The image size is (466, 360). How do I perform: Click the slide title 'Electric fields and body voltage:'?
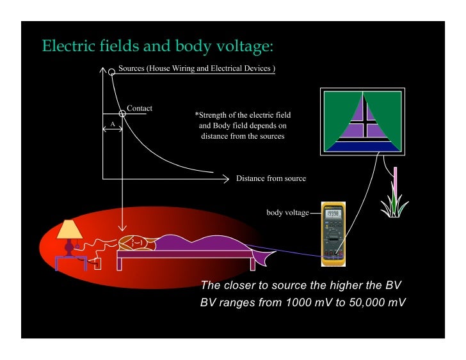(x=157, y=46)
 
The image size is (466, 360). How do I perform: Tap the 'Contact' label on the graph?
(x=140, y=108)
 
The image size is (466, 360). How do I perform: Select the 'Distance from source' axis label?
(x=271, y=178)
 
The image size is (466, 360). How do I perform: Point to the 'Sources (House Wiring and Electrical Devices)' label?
(x=197, y=68)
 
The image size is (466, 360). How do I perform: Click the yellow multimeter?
(x=333, y=234)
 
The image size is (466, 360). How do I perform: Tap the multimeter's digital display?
(x=333, y=215)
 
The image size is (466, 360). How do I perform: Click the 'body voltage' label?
(x=287, y=212)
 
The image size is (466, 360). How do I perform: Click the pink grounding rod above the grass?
(x=396, y=182)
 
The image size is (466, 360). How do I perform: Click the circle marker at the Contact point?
(x=122, y=113)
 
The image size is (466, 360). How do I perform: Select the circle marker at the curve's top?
(x=112, y=72)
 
